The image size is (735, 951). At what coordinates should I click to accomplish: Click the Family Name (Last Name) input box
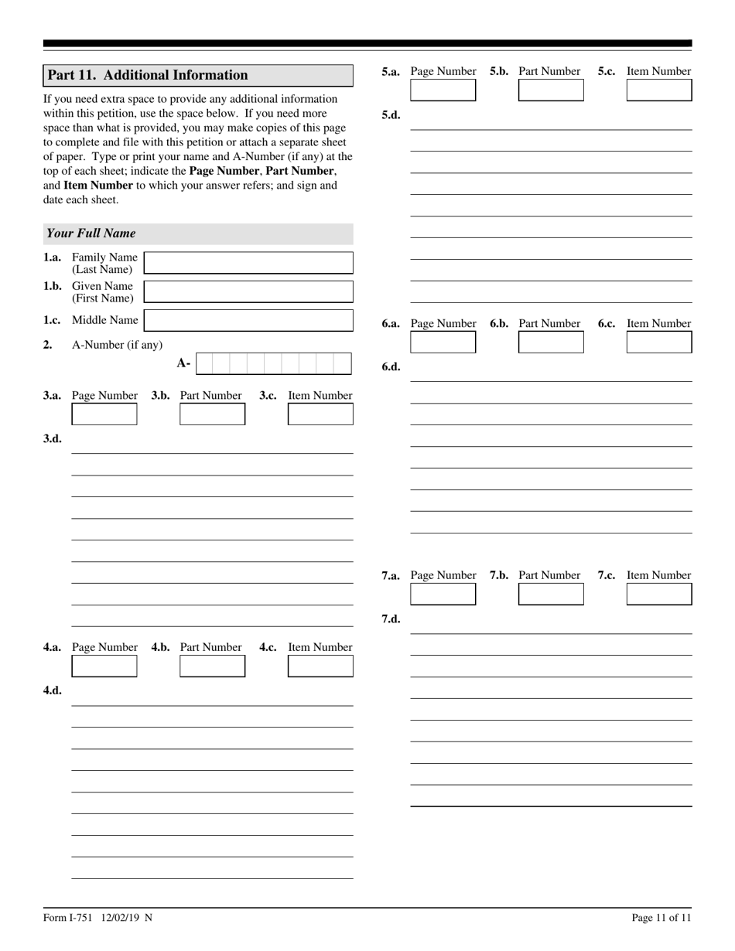pyautogui.click(x=248, y=263)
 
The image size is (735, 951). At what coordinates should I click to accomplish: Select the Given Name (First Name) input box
pyautogui.click(x=248, y=291)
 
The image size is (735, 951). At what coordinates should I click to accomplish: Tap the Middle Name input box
pyautogui.click(x=248, y=320)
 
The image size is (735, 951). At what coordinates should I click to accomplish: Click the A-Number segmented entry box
pyautogui.click(x=274, y=363)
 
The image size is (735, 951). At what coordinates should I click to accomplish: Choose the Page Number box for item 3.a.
pyautogui.click(x=104, y=414)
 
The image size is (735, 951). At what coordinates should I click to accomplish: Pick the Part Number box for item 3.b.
pyautogui.click(x=212, y=414)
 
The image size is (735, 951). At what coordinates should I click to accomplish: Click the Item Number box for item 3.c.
pyautogui.click(x=320, y=414)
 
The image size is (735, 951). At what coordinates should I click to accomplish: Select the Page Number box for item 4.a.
pyautogui.click(x=104, y=666)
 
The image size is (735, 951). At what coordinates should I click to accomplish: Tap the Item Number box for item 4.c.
pyautogui.click(x=320, y=666)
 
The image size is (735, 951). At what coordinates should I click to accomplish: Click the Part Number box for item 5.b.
pyautogui.click(x=551, y=90)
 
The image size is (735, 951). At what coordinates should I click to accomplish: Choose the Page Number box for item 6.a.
pyautogui.click(x=443, y=342)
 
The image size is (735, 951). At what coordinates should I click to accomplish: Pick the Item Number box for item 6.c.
pyautogui.click(x=659, y=342)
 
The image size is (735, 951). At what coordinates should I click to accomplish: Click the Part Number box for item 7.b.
pyautogui.click(x=551, y=594)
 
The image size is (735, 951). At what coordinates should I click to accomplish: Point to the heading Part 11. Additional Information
pyautogui.click(x=148, y=75)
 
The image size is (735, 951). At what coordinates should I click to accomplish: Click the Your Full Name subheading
pyautogui.click(x=91, y=233)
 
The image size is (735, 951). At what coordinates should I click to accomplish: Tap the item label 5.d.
pyautogui.click(x=391, y=115)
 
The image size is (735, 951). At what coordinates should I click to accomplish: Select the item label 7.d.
pyautogui.click(x=391, y=619)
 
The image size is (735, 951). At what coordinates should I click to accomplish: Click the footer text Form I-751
pyautogui.click(x=68, y=918)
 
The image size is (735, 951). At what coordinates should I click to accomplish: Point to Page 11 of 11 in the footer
pyautogui.click(x=661, y=918)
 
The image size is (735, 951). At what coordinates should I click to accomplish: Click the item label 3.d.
pyautogui.click(x=53, y=438)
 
